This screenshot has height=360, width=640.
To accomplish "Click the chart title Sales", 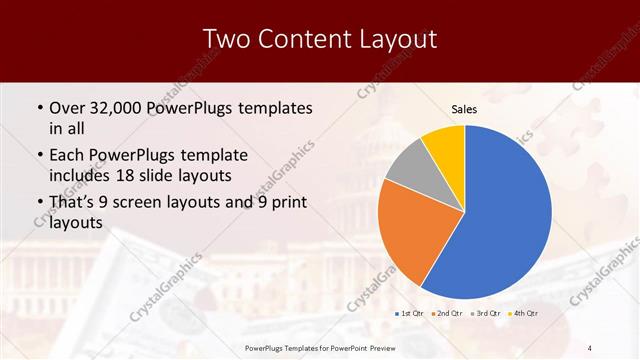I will [465, 109].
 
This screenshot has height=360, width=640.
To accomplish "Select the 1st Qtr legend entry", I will [410, 314].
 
